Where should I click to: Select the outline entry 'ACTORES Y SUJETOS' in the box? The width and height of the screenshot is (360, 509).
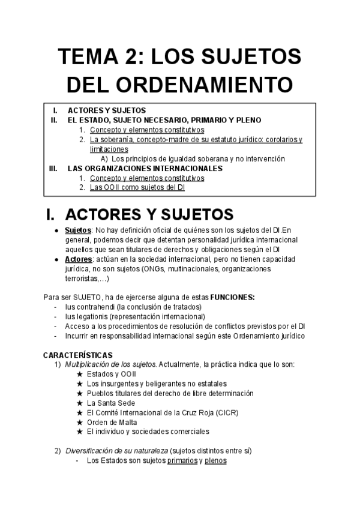(x=106, y=111)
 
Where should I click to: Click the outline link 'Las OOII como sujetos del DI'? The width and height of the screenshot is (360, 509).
(x=137, y=187)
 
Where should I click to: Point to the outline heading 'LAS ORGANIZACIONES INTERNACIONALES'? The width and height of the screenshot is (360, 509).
(x=145, y=168)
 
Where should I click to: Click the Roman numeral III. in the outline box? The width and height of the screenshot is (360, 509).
(x=53, y=168)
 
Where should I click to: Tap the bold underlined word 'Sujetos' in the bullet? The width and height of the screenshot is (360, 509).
(x=77, y=230)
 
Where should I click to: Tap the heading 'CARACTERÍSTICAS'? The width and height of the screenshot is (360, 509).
(x=77, y=355)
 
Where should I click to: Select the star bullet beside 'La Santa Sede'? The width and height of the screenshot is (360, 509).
(x=79, y=403)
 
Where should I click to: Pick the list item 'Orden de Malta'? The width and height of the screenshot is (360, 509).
(x=112, y=422)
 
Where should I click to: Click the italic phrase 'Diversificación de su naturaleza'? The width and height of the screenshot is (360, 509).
(x=116, y=451)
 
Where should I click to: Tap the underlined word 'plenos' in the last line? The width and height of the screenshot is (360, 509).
(x=215, y=460)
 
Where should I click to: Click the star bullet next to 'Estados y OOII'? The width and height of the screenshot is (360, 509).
(x=79, y=374)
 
